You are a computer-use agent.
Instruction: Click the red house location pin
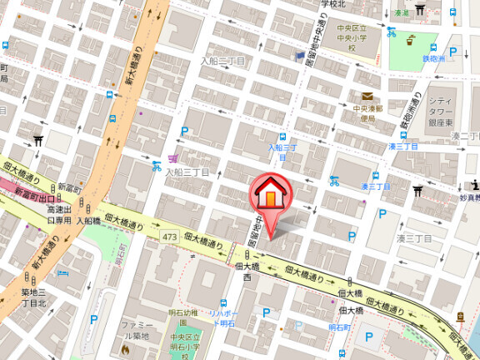pos(270,194)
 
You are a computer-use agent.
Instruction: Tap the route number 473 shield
pos(171,238)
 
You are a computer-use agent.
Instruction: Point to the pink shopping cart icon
pos(172,157)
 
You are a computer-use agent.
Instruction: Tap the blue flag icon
pos(300,55)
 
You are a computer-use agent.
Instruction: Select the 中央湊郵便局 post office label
pos(367,113)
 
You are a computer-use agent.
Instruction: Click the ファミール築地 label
pos(135,330)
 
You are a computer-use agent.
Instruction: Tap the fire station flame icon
pos(125,349)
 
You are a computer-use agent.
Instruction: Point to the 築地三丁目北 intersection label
pos(37,297)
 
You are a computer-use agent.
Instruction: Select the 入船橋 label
pos(88,221)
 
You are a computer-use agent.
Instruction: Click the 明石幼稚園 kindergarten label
pos(183,312)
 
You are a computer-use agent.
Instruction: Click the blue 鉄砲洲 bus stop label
pos(435,58)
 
